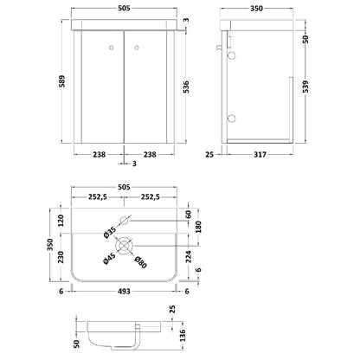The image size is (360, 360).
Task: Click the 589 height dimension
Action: point(62,81)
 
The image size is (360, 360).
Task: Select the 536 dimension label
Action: point(186,87)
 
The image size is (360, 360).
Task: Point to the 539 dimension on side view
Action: point(305,87)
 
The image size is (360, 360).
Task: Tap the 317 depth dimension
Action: point(260,155)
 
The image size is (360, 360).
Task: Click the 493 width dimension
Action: point(124,292)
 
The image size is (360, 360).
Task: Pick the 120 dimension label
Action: point(61,220)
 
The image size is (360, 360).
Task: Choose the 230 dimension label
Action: point(61,257)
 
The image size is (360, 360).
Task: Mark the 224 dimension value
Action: point(188,256)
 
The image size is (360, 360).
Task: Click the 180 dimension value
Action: point(198,227)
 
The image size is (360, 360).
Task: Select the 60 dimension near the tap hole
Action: point(188,215)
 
